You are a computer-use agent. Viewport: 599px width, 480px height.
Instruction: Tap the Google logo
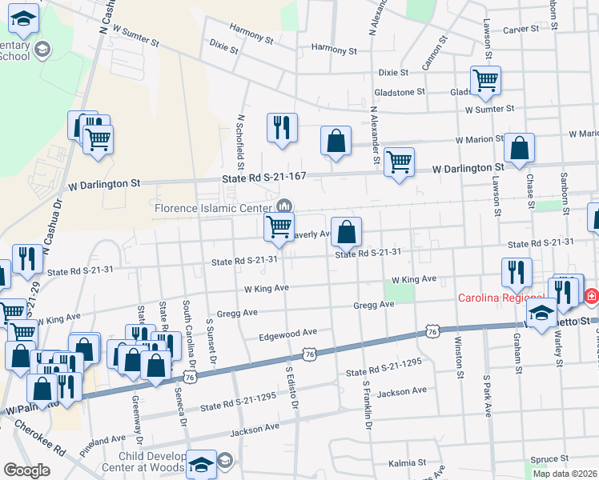(26, 470)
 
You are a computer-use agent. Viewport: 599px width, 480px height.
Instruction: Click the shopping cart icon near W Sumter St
(485, 80)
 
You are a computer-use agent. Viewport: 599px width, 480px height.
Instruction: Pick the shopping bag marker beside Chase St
(520, 148)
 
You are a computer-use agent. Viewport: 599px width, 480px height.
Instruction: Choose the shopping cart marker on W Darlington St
(399, 162)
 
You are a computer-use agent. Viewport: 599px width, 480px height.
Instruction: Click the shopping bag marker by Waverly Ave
(346, 233)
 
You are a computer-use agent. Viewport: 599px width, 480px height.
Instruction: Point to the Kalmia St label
(407, 463)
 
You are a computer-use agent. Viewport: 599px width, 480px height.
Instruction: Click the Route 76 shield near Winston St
(432, 331)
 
